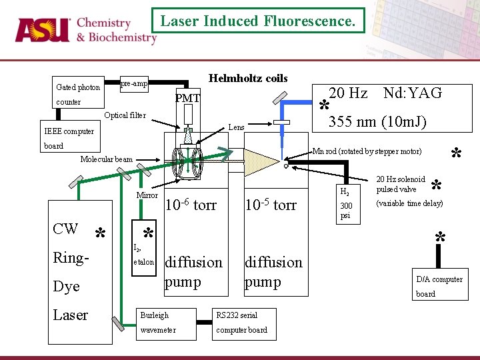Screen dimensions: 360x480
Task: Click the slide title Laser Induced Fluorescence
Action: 257,21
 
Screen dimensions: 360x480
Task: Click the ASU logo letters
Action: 43,29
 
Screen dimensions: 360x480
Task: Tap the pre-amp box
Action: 134,84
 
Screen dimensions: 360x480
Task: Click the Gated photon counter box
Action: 78,94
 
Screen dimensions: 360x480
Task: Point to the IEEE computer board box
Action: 69,138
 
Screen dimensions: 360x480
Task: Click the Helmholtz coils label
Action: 248,79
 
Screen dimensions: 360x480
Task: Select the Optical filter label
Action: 125,115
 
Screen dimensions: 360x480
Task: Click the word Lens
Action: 236,127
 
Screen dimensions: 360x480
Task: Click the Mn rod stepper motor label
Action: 367,151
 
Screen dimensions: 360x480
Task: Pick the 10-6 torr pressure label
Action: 191,205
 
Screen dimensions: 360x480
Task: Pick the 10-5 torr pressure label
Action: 271,205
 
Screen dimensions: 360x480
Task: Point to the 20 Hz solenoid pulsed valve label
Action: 401,184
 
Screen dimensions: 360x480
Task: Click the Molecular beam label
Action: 106,159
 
